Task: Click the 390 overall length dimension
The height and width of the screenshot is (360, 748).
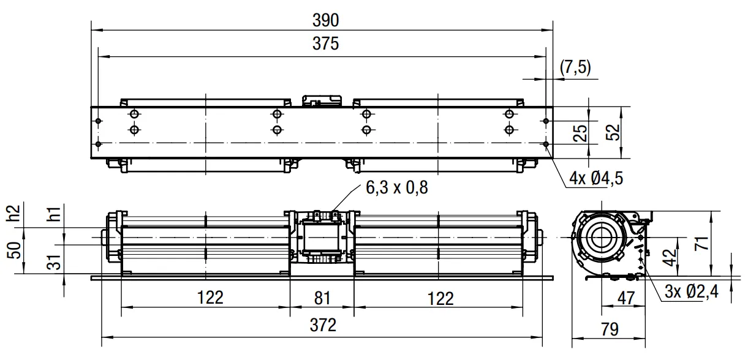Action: pyautogui.click(x=325, y=20)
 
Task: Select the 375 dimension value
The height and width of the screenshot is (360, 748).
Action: pyautogui.click(x=325, y=43)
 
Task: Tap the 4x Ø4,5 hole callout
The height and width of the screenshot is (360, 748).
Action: pyautogui.click(x=596, y=179)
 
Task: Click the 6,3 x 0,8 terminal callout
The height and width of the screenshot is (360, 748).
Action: pyautogui.click(x=397, y=187)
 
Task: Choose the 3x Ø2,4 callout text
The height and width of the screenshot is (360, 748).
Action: pyautogui.click(x=691, y=292)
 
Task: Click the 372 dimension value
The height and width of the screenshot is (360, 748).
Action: pyautogui.click(x=323, y=325)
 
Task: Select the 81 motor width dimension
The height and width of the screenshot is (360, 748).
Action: pyautogui.click(x=322, y=298)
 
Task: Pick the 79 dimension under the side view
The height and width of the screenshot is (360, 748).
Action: pyautogui.click(x=610, y=329)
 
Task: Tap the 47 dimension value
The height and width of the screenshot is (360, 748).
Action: pyautogui.click(x=625, y=298)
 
